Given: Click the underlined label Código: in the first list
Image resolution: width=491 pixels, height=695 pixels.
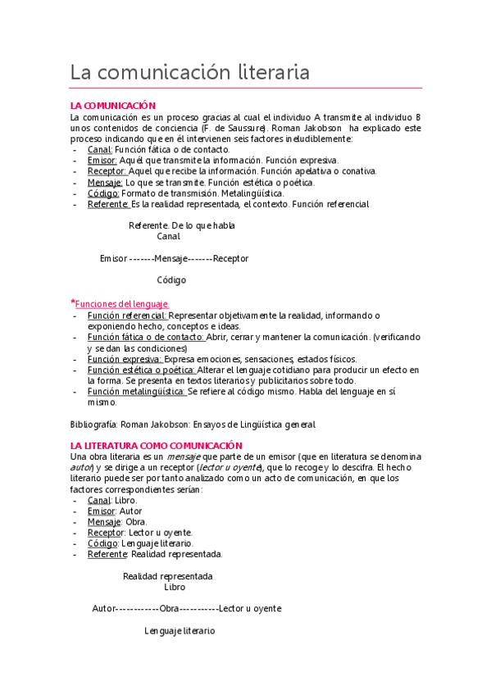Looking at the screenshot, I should [x=103, y=193].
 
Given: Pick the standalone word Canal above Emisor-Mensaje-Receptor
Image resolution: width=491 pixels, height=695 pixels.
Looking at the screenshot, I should [x=168, y=237].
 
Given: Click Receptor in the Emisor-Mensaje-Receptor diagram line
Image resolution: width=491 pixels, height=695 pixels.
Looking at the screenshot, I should [x=230, y=259].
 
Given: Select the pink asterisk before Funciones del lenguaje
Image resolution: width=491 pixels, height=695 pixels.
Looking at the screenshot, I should [x=73, y=303].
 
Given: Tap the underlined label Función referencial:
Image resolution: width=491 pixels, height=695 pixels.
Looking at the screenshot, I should [x=127, y=316].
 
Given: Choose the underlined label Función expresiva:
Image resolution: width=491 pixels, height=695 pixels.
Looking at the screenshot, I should [x=125, y=359].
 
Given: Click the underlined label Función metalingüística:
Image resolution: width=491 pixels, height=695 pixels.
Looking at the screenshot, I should [x=137, y=392].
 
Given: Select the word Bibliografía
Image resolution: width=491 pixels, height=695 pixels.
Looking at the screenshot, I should [x=93, y=425].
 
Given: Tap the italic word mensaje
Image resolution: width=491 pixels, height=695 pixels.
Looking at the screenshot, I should [x=184, y=457].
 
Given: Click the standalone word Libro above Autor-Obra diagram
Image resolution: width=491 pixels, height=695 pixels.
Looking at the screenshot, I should [x=175, y=587].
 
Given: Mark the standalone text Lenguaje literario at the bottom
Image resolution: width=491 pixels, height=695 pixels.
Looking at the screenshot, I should [x=180, y=631].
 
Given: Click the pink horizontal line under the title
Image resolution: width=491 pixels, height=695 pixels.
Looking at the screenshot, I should [x=246, y=88].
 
